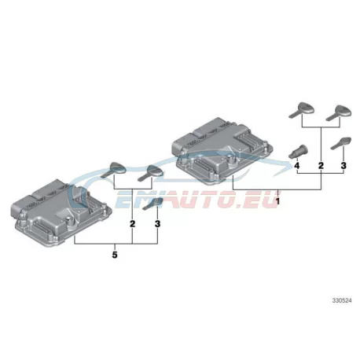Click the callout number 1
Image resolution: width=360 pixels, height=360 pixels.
(277, 201)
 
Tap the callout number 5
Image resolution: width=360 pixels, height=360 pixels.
(115, 255)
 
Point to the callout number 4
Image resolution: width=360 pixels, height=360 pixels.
(296, 166)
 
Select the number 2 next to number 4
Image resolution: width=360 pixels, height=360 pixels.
(321, 166)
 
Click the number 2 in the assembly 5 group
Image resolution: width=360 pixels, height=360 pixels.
(133, 224)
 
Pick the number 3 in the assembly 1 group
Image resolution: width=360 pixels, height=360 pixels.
(343, 166)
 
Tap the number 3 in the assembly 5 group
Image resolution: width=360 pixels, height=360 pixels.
(157, 224)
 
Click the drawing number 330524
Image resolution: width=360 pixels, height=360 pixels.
(342, 300)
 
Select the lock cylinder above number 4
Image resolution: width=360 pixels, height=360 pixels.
(298, 152)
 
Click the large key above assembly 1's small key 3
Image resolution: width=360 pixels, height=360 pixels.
(339, 113)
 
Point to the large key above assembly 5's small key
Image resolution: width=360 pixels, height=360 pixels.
(151, 173)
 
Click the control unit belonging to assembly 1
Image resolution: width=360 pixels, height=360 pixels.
(222, 151)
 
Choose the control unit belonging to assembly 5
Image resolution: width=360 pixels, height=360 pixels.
(61, 212)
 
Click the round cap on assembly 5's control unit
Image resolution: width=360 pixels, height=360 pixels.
(69, 220)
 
